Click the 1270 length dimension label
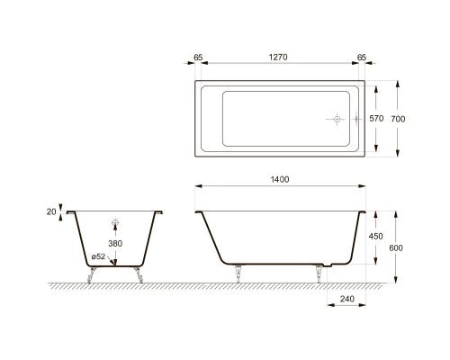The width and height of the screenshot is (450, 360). coord(278,56)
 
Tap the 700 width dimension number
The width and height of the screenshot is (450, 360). coord(409,119)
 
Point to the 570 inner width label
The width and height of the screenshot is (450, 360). coord(379,119)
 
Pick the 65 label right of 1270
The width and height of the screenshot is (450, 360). coord(362,56)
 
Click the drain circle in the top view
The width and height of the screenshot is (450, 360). coord(335,119)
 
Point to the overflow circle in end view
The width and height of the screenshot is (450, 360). coord(114,221)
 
